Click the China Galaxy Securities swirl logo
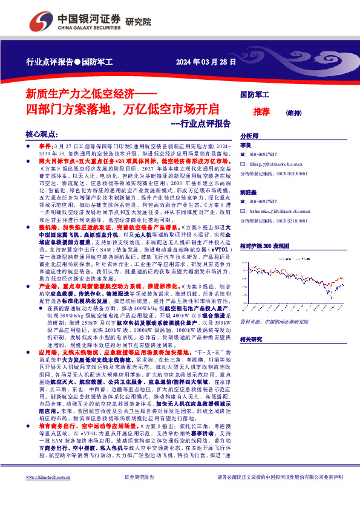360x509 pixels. [x=41, y=21]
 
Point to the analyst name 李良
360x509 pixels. [x=244, y=146]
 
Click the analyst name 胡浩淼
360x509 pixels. [x=247, y=193]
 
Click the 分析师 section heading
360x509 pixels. [x=250, y=136]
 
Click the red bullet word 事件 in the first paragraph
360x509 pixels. [x=45, y=147]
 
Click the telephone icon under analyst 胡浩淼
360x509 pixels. [x=243, y=201]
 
